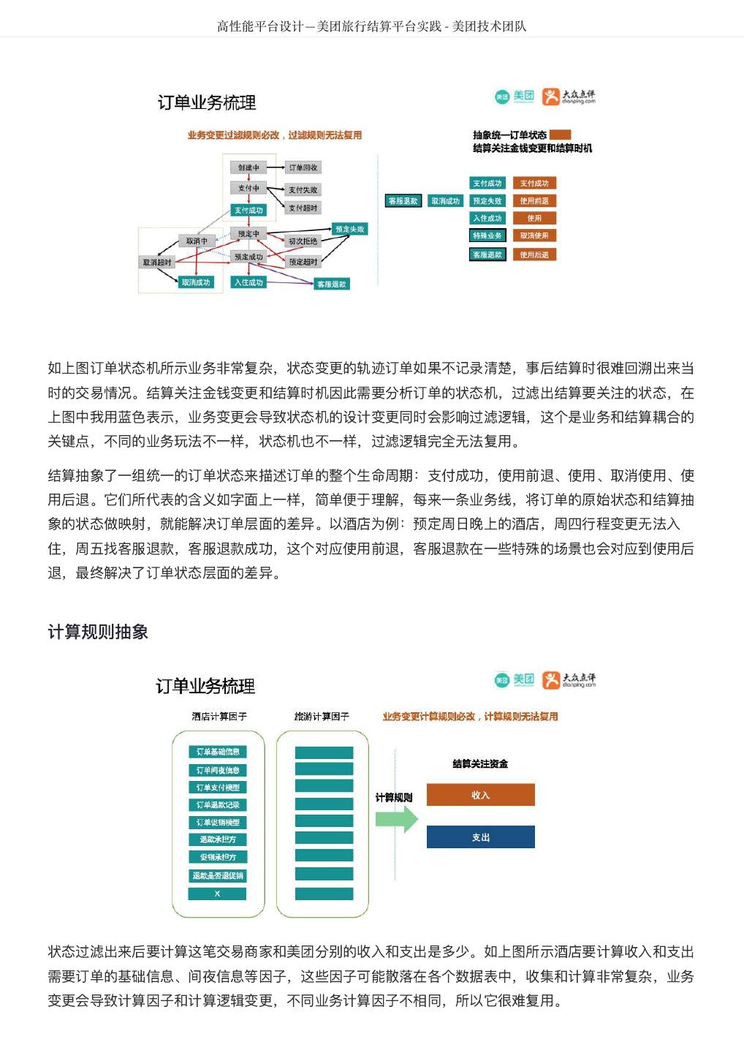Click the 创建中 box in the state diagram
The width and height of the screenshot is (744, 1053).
point(248,167)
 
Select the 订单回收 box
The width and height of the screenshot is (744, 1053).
point(303,167)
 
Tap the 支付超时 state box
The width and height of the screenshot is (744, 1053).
point(303,208)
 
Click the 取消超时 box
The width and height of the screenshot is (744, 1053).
point(157,262)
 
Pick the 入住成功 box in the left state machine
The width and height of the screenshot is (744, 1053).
point(248,282)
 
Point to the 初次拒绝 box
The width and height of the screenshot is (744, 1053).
point(303,241)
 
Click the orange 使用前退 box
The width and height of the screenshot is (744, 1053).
point(534,200)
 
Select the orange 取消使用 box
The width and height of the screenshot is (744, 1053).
point(534,235)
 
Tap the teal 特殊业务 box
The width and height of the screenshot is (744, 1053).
point(487,235)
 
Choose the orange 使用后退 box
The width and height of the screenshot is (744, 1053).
point(534,254)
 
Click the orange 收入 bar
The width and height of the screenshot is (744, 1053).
point(480,795)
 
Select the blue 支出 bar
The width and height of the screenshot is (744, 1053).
point(480,837)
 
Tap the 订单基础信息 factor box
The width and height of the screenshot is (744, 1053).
point(217,752)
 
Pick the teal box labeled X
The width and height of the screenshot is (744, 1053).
point(217,894)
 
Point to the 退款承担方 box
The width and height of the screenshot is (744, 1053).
point(217,839)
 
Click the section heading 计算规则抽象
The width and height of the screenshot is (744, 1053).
point(98,632)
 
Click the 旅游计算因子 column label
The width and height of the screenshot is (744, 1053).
point(322,717)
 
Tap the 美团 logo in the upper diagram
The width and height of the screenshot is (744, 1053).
point(515,97)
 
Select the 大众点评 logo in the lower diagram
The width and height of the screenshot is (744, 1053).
point(569,680)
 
